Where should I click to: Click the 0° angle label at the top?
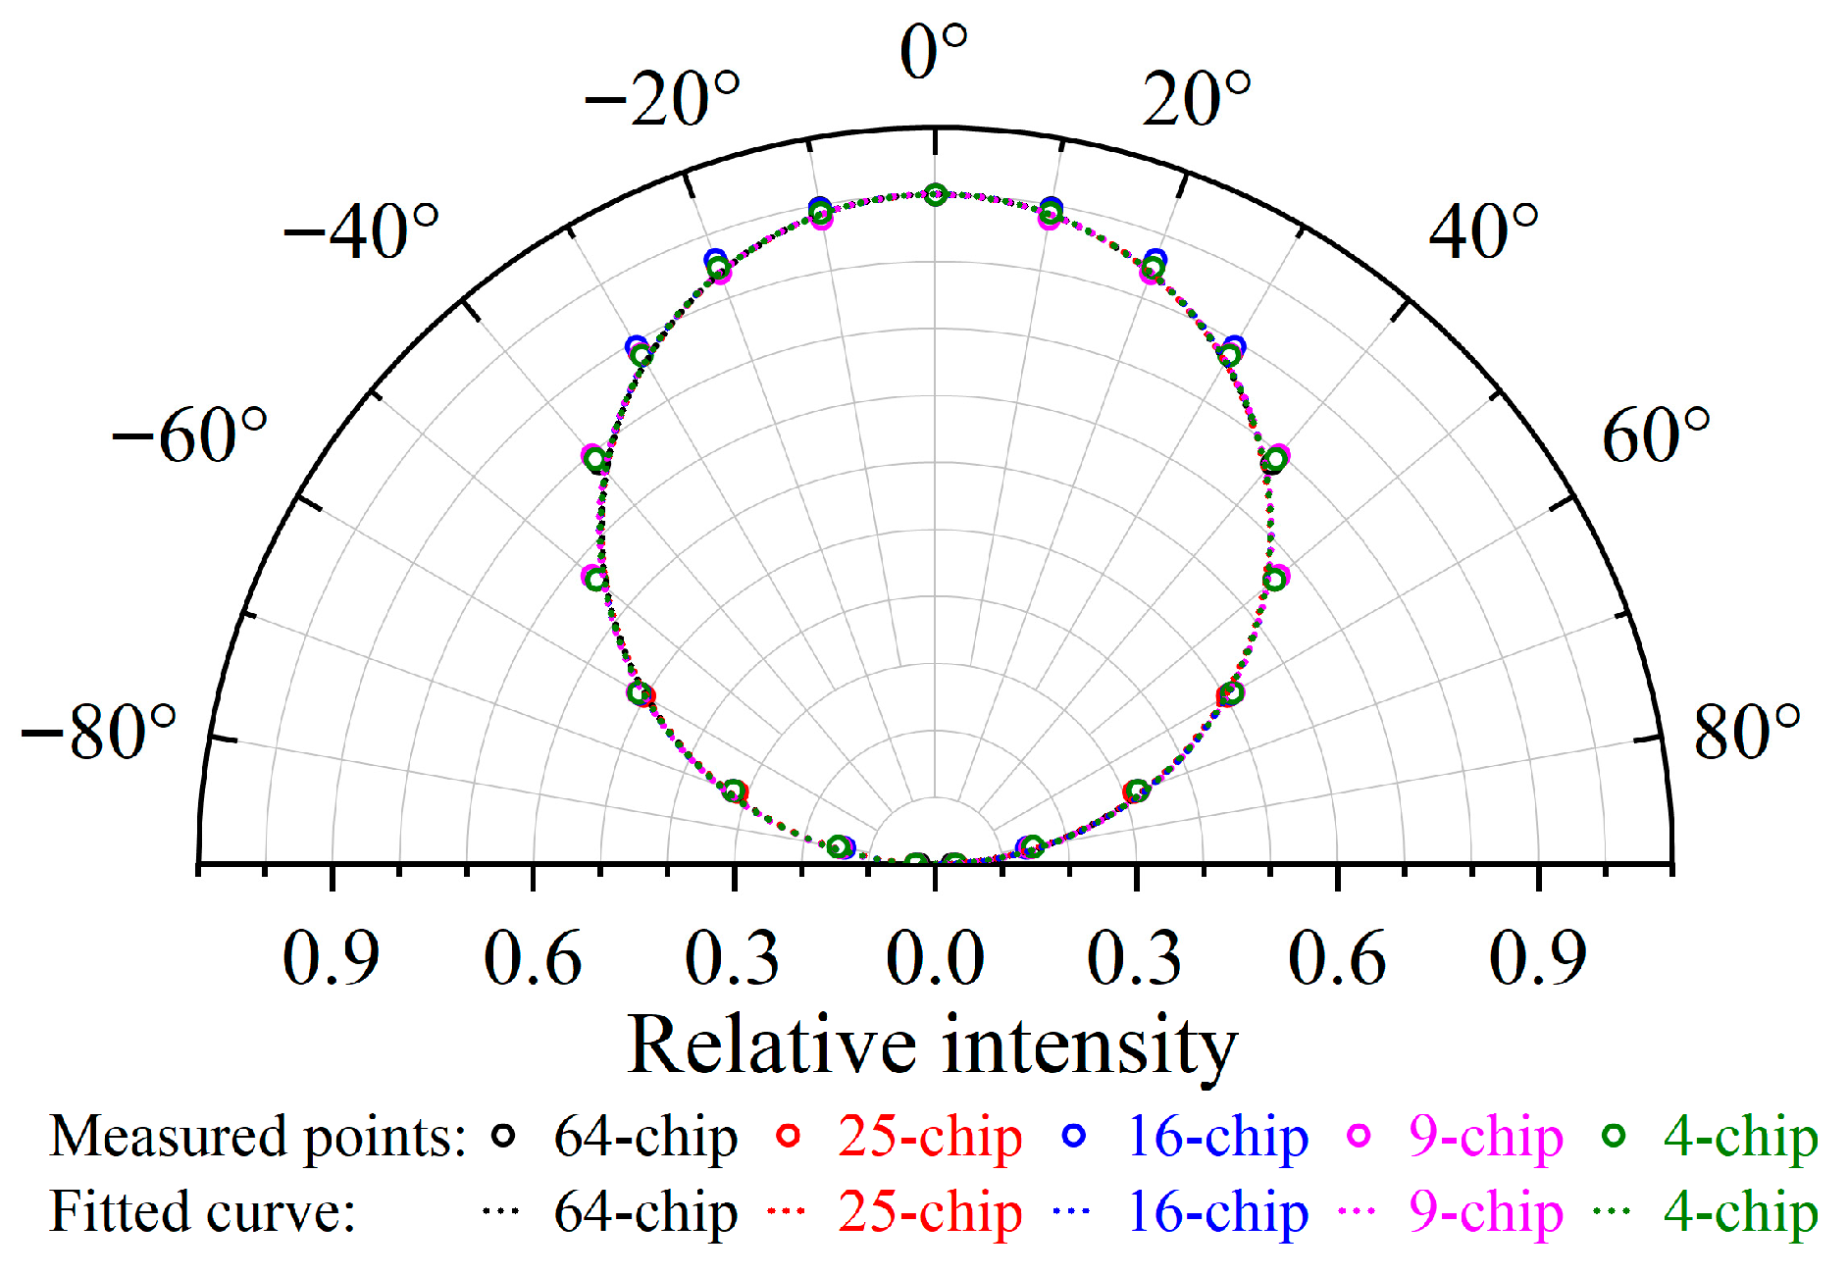pyautogui.click(x=933, y=53)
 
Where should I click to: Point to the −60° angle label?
pyautogui.click(x=189, y=435)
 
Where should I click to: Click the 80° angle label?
pyautogui.click(x=1747, y=733)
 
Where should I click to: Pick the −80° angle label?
pyautogui.click(x=99, y=733)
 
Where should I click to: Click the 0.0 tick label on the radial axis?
pyautogui.click(x=935, y=958)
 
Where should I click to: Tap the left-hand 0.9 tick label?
pyautogui.click(x=331, y=958)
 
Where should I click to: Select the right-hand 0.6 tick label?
pyautogui.click(x=1337, y=958)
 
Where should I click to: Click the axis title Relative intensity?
pyautogui.click(x=932, y=1045)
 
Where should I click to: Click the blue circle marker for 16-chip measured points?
pyautogui.click(x=1075, y=1136)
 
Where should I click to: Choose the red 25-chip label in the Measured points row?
pyautogui.click(x=930, y=1138)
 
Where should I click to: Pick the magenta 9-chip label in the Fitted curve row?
pyautogui.click(x=1485, y=1213)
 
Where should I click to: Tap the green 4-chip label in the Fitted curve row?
pyautogui.click(x=1740, y=1213)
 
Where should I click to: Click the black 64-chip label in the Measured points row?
pyautogui.click(x=645, y=1138)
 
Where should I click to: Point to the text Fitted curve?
pyautogui.click(x=202, y=1213)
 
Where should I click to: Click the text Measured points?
pyautogui.click(x=257, y=1138)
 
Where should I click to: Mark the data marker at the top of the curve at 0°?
pyautogui.click(x=936, y=194)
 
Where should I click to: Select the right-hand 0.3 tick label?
pyautogui.click(x=1135, y=958)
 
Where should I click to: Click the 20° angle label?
pyautogui.click(x=1197, y=100)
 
